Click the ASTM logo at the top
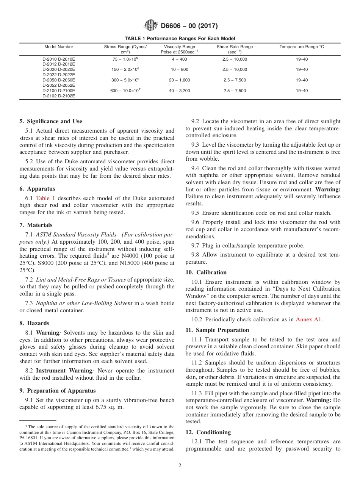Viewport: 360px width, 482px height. click(151, 26)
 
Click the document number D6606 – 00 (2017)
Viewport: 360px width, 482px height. click(189, 26)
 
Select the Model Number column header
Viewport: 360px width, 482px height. click(59, 47)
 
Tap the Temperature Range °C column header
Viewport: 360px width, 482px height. click(302, 47)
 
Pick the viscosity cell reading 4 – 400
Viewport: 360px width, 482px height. click(179, 59)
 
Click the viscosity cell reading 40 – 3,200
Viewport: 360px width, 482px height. click(179, 91)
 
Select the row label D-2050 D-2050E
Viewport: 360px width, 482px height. click(59, 80)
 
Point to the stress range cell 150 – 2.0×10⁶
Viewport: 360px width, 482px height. click(125, 70)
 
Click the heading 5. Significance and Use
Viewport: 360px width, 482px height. click(51, 121)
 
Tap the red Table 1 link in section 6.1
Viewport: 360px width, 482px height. click(45, 198)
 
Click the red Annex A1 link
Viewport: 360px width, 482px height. click(308, 319)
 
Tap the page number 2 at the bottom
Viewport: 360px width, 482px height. click(180, 466)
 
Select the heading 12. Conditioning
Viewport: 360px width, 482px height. click(208, 432)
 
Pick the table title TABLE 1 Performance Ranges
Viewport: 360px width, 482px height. click(180, 39)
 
